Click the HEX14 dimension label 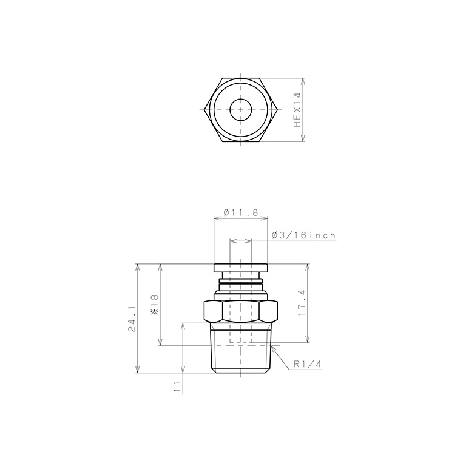click(x=297, y=110)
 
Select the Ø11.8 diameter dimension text click(x=241, y=213)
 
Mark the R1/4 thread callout click(x=306, y=365)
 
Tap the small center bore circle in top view click(x=241, y=110)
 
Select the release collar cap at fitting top click(x=241, y=268)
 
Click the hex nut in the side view click(x=241, y=311)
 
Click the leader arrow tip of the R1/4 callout click(x=274, y=347)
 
